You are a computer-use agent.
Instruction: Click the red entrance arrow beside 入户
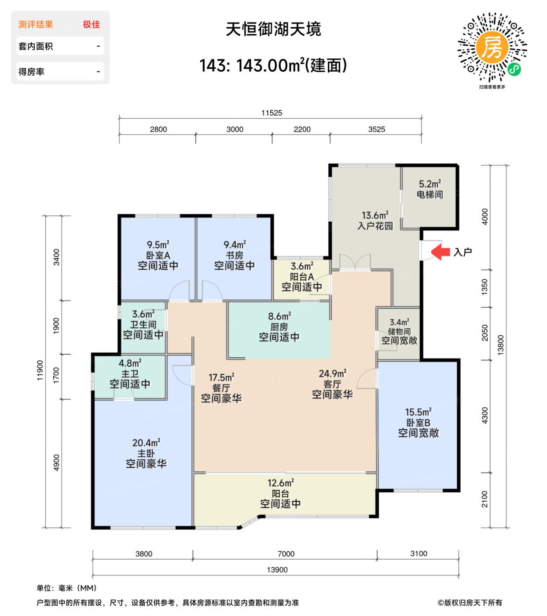click(440, 252)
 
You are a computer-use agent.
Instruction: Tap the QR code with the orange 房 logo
click(492, 48)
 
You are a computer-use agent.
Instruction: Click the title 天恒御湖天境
click(273, 29)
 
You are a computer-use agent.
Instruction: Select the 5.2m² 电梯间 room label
click(430, 189)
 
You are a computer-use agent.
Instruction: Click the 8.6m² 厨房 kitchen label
click(279, 327)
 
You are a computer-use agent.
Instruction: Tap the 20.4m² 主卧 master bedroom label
click(146, 453)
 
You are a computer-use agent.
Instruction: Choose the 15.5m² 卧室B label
click(418, 423)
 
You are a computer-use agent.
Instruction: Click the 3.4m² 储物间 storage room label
click(399, 332)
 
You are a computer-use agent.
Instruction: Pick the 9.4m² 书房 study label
click(234, 255)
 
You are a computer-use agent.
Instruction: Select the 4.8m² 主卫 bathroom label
click(130, 374)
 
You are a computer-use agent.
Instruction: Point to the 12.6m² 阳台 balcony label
click(280, 493)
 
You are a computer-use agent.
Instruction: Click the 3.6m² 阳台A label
click(302, 277)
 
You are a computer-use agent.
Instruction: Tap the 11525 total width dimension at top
click(272, 113)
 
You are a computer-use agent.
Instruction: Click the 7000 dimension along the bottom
click(286, 554)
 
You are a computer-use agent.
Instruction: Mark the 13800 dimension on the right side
click(501, 345)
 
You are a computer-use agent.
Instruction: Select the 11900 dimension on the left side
click(40, 370)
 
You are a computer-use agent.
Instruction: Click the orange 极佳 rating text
click(92, 25)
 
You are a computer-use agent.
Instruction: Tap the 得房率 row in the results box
click(60, 72)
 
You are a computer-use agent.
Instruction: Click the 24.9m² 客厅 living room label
click(332, 384)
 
